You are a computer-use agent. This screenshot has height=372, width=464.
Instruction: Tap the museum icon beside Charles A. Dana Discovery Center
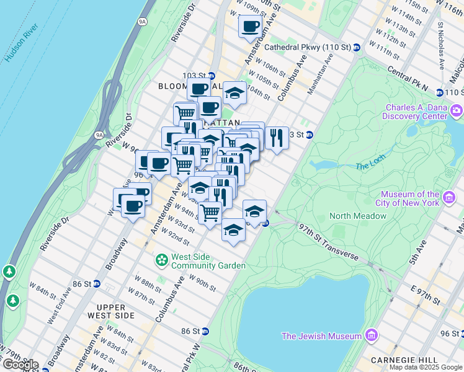[457, 111]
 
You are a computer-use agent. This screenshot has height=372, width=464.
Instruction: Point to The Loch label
[371, 166]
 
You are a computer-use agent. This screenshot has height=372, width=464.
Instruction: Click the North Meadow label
[358, 216]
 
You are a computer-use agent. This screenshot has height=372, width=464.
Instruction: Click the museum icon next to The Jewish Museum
[372, 336]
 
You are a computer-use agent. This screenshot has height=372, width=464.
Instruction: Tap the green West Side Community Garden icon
[161, 260]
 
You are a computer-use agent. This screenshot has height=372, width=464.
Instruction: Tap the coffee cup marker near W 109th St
[250, 27]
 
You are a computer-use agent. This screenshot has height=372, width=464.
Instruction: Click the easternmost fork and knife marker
[277, 137]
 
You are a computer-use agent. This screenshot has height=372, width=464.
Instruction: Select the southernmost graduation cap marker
[233, 230]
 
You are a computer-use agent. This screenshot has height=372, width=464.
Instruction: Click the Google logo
[20, 365]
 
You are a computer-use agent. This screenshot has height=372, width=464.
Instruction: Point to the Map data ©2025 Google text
[426, 367]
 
